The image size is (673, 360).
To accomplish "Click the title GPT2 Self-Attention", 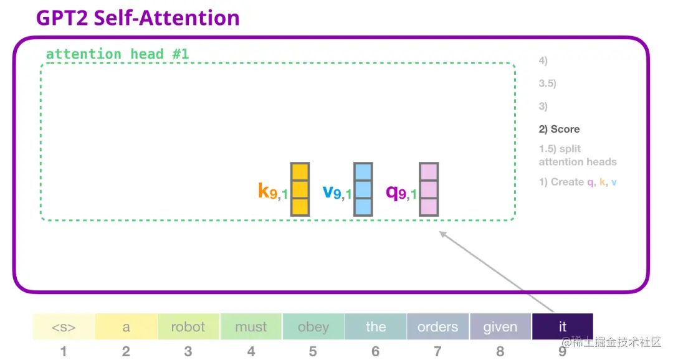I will (x=138, y=17).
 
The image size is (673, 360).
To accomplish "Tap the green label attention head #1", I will (x=117, y=54).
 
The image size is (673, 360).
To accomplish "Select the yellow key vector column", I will (x=300, y=189).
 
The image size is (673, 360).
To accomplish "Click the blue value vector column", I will (x=363, y=189).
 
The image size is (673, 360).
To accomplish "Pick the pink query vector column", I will (x=429, y=189).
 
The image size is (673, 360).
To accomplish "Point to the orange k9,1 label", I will (x=273, y=192).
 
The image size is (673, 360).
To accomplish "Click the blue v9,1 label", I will (x=337, y=192).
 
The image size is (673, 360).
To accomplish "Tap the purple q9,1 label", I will (x=401, y=192).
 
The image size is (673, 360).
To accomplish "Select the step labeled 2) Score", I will (x=559, y=130).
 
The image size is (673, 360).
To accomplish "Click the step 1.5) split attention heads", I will (x=577, y=156).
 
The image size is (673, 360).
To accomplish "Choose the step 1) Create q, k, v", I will (x=578, y=182).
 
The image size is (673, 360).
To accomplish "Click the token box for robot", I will (x=188, y=327).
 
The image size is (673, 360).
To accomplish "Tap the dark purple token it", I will (x=562, y=327).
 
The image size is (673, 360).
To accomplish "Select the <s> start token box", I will (x=64, y=327).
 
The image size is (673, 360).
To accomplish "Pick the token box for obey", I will (x=313, y=327).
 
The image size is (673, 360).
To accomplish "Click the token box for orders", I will (x=437, y=327).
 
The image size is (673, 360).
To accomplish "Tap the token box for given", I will (x=500, y=327).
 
